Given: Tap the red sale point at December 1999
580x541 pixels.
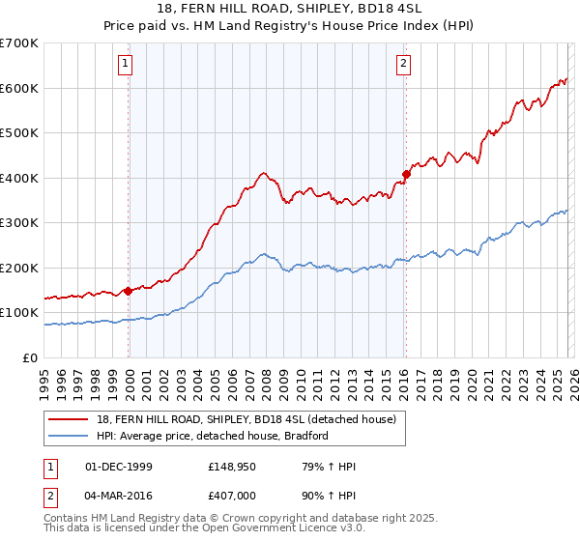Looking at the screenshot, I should pyautogui.click(x=128, y=291).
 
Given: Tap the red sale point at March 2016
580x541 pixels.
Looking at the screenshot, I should pyautogui.click(x=406, y=175).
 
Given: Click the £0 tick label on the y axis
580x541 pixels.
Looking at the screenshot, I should pyautogui.click(x=30, y=358).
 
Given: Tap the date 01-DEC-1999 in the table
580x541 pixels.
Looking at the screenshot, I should pyautogui.click(x=119, y=467).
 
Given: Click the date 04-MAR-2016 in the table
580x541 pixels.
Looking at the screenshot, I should pyautogui.click(x=119, y=495).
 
